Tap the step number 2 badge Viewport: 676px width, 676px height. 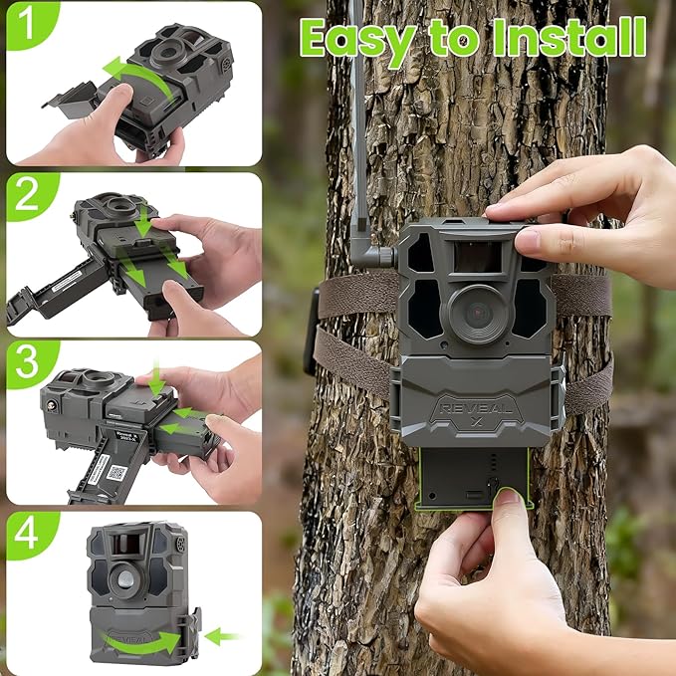(x=25, y=197)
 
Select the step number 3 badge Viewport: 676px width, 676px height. (x=25, y=366)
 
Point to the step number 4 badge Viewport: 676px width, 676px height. (x=25, y=536)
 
